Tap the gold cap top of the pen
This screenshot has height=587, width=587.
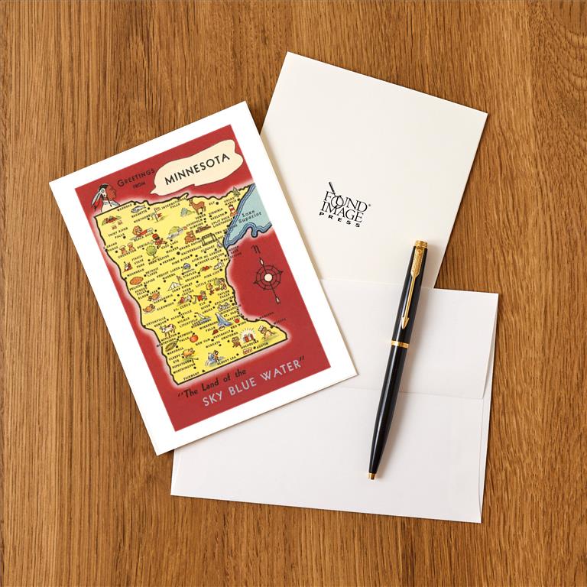(x=420, y=245)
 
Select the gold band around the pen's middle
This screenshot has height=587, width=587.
(x=401, y=343)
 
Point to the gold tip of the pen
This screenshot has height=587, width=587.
(x=372, y=476)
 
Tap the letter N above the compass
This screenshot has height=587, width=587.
(x=258, y=248)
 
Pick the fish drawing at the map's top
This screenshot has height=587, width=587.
(x=140, y=206)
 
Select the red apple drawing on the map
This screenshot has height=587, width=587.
(x=193, y=337)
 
